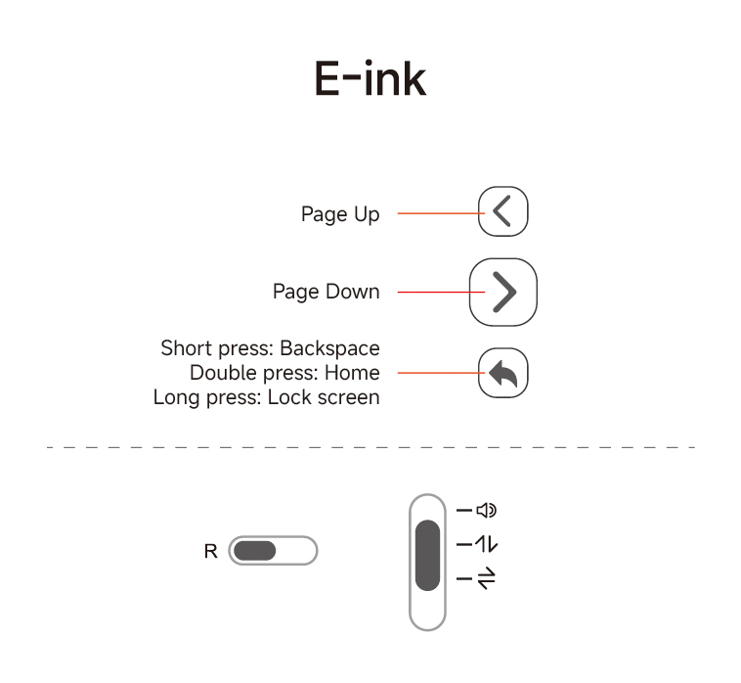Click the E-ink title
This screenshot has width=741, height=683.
click(370, 78)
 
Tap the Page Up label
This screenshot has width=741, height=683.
click(340, 214)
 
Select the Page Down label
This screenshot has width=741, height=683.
click(327, 292)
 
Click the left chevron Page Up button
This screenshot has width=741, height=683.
click(502, 211)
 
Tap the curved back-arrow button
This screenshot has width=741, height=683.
click(502, 373)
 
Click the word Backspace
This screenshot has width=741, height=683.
click(329, 348)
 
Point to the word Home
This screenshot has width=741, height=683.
click(352, 373)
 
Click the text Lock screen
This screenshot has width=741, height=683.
click(324, 397)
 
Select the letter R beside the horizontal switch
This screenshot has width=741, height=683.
click(211, 551)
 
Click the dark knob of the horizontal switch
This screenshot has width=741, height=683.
click(255, 551)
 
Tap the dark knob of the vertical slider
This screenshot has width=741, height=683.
click(427, 555)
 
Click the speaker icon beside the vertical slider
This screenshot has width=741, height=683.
click(486, 511)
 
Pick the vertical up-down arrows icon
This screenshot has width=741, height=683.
click(486, 544)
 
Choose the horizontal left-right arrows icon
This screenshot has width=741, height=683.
click(486, 578)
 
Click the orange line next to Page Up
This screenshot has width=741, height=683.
click(442, 213)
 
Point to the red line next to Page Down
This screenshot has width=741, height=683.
click(442, 292)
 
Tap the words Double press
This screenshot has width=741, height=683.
click(254, 373)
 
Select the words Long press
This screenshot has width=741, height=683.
click(207, 398)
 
